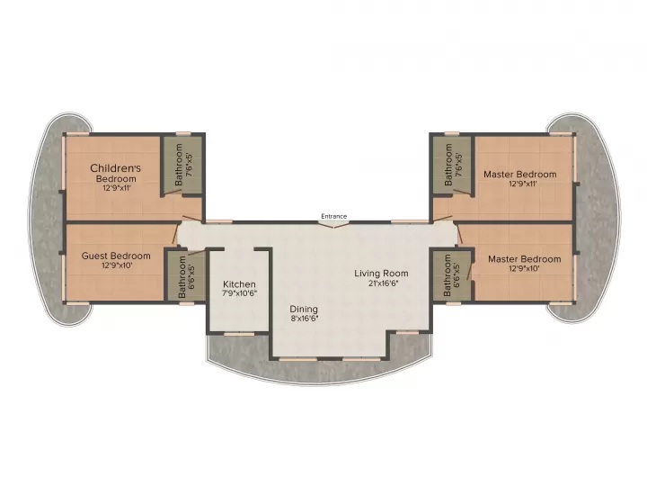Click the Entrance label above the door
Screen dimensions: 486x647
click(334, 215)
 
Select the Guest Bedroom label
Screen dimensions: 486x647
click(116, 256)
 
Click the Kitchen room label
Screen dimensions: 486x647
click(239, 283)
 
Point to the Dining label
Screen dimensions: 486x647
click(304, 307)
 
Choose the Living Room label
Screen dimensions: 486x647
click(381, 273)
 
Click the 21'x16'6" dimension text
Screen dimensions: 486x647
click(381, 283)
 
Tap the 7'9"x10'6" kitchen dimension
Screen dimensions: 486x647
click(239, 293)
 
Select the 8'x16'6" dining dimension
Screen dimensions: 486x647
click(304, 318)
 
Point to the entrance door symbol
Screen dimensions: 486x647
click(334, 224)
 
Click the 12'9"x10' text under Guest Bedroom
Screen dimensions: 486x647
click(116, 265)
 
